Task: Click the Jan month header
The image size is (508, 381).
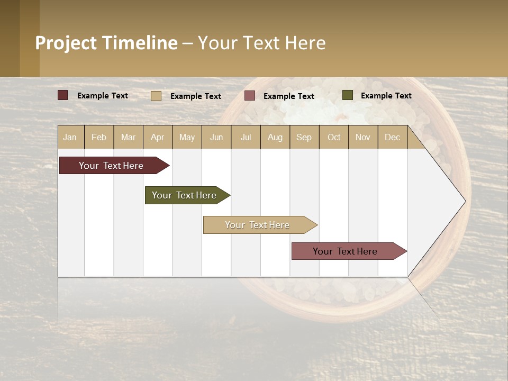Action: pyautogui.click(x=70, y=137)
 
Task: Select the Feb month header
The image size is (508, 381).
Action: pyautogui.click(x=99, y=137)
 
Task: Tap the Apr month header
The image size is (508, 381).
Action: pyautogui.click(x=158, y=137)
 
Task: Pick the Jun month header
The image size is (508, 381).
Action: pyautogui.click(x=216, y=137)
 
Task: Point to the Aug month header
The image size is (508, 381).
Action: pyautogui.click(x=275, y=137)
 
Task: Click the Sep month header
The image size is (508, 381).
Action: pyautogui.click(x=304, y=137)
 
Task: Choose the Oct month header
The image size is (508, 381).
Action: pyautogui.click(x=334, y=137)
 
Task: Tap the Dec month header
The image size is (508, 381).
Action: pyautogui.click(x=393, y=137)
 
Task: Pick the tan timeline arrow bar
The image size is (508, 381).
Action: pyautogui.click(x=258, y=225)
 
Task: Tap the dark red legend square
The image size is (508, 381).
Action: pyautogui.click(x=62, y=95)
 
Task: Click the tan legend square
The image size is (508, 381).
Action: pyautogui.click(x=156, y=96)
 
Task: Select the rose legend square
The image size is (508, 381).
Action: pyautogui.click(x=250, y=96)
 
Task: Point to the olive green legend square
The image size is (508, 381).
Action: pyautogui.click(x=347, y=95)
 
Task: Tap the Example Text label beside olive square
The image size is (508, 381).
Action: pyautogui.click(x=386, y=96)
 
